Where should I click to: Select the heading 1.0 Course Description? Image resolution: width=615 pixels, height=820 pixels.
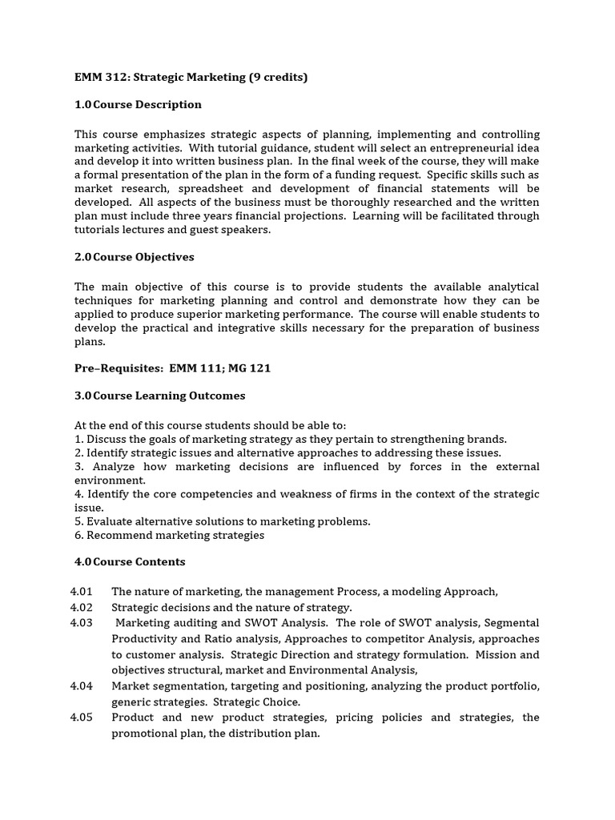(139, 105)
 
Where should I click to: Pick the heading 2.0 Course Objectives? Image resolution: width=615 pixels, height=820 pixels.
(135, 257)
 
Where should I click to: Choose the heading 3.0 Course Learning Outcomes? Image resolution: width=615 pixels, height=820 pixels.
(160, 396)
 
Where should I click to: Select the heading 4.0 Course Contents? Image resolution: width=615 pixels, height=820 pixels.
(130, 562)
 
